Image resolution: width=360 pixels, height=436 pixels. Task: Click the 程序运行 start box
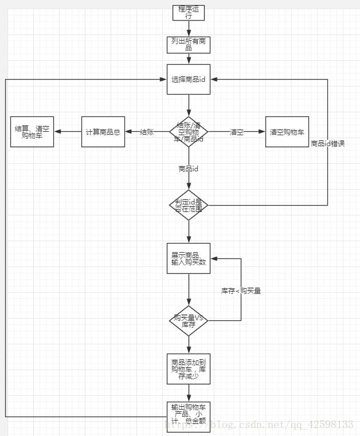(188, 13)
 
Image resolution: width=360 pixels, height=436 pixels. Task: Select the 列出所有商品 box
(188, 45)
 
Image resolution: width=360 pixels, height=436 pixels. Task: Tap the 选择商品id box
(188, 79)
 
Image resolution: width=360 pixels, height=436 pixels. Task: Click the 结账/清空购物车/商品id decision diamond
(188, 132)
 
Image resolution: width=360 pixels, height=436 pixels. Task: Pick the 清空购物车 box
(287, 132)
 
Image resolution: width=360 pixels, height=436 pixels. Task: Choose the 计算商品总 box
(103, 132)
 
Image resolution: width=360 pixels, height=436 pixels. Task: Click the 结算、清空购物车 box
(32, 132)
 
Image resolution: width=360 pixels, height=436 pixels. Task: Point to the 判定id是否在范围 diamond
(188, 205)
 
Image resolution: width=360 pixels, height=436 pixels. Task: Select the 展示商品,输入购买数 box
(188, 258)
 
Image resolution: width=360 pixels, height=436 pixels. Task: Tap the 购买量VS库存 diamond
(188, 320)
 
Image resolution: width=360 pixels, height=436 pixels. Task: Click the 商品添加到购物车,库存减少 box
(188, 369)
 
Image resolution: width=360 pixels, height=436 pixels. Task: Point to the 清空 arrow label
(236, 132)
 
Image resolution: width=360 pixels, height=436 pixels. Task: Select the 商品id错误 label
(327, 143)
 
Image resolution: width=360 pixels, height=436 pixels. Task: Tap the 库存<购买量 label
(241, 291)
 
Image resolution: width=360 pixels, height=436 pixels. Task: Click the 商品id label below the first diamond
(188, 169)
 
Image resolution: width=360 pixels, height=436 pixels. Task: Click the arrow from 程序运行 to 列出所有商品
(188, 29)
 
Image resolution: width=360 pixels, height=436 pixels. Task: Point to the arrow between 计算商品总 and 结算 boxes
(68, 132)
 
